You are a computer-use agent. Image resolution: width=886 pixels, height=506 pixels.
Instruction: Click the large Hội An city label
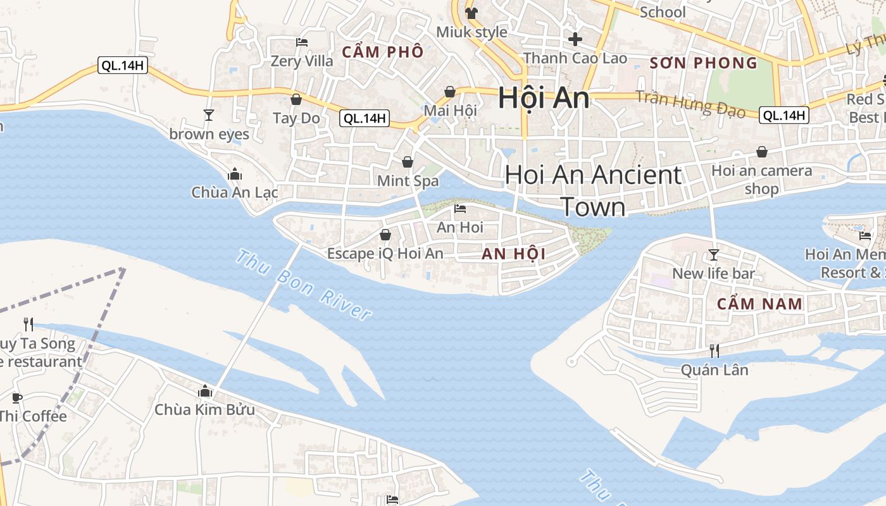pos(544,98)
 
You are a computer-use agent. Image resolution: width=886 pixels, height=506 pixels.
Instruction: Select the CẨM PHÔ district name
pos(382,52)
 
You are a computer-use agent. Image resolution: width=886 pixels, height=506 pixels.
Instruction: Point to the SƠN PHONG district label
pos(704,63)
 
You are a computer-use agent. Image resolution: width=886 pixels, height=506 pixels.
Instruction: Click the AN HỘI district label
pos(513,254)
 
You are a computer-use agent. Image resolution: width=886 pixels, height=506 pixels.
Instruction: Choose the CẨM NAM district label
pos(759,304)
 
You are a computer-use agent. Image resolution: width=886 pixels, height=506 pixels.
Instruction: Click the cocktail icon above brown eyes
pos(208,114)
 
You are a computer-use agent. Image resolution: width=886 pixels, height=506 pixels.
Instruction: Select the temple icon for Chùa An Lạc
pos(235,174)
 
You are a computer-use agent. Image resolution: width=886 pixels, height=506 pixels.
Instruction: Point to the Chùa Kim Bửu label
pos(204,410)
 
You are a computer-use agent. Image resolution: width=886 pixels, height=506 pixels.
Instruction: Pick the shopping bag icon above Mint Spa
pos(408,162)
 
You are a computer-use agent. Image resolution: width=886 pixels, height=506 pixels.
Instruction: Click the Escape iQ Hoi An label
pos(385,254)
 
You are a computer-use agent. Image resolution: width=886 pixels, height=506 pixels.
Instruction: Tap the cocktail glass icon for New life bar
pos(714,255)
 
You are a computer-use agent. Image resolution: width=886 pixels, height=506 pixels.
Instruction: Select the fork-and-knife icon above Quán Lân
pos(714,351)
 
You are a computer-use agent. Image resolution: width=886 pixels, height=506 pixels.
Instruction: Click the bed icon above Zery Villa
pos(302,42)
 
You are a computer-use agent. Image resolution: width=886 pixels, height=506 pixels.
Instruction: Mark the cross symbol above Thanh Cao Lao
pos(575,39)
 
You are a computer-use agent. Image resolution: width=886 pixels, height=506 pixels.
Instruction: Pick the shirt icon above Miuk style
pos(471,13)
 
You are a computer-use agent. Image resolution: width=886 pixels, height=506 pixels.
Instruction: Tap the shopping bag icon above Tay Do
pos(296,99)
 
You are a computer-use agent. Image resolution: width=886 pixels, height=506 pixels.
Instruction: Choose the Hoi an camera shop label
pos(761,180)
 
